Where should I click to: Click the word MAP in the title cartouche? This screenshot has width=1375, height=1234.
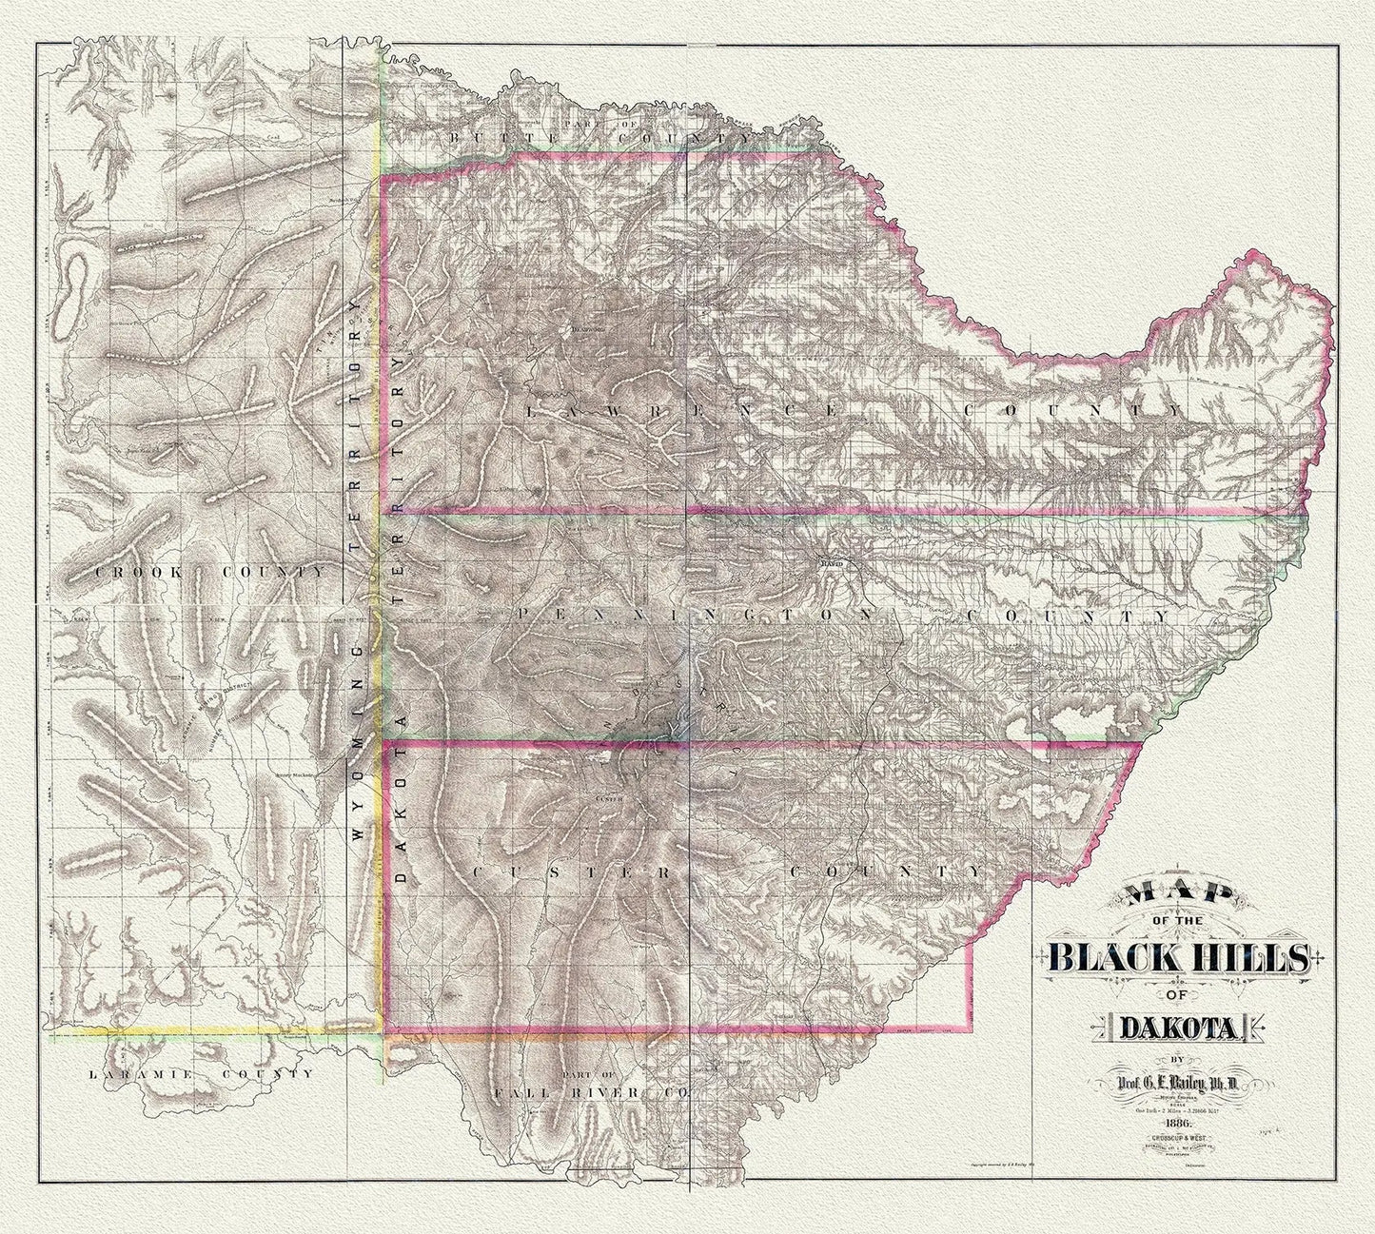1179,900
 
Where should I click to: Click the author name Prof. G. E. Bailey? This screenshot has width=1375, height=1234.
1178,1080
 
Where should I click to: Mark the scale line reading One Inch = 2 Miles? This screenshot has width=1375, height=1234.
1178,1109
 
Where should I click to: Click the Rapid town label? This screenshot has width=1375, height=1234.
832,563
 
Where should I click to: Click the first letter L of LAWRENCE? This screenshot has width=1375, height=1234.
531,411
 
